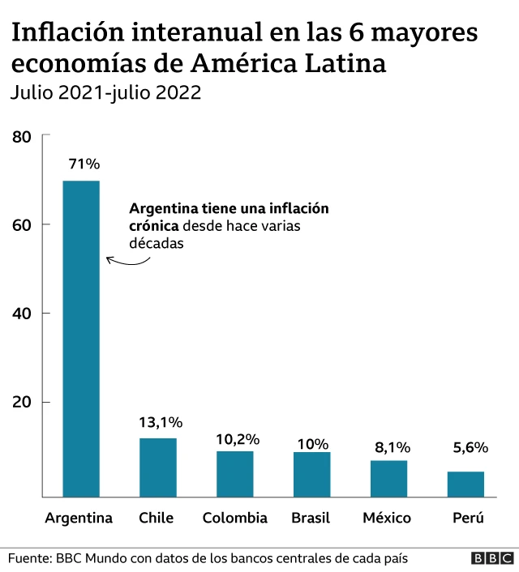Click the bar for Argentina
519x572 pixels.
81,339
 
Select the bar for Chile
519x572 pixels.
157,467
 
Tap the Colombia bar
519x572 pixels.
234,474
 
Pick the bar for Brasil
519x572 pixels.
311,475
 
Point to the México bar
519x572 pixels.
388,478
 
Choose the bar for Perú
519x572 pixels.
465,484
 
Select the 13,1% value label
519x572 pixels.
159,422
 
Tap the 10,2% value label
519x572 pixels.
237,439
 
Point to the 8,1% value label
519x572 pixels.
390,447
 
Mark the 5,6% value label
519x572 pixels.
470,447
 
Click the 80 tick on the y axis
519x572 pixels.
22,137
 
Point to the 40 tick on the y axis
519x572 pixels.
22,314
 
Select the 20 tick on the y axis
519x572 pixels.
22,403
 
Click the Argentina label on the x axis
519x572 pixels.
79,518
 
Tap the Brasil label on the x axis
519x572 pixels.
311,518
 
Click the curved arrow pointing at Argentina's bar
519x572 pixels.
127,259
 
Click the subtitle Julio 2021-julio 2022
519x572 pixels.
105,92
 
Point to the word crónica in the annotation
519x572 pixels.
154,226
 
